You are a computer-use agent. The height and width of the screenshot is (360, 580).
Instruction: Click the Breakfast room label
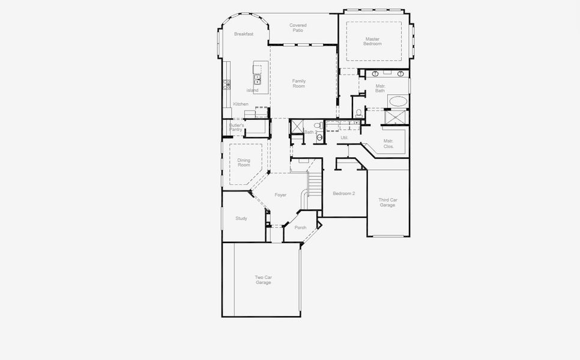[244, 34]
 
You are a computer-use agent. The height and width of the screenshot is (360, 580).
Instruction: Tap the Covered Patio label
[298, 28]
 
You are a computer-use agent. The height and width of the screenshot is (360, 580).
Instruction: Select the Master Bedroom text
[372, 41]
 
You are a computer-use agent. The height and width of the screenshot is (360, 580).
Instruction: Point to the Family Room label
[299, 83]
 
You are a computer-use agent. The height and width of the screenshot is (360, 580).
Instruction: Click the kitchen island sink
[258, 78]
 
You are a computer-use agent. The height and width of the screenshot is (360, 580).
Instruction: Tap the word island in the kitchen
[252, 91]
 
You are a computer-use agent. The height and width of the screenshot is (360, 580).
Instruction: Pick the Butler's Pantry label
[236, 127]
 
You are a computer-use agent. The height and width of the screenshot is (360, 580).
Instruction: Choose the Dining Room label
[244, 163]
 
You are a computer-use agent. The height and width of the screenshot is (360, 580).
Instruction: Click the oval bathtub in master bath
[397, 101]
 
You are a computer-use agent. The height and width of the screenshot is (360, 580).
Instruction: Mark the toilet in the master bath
[358, 113]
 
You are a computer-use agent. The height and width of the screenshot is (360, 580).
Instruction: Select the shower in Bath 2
[296, 127]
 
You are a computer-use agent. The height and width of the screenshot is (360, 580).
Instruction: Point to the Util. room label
[345, 138]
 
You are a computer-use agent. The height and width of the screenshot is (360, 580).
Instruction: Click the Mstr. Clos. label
[388, 143]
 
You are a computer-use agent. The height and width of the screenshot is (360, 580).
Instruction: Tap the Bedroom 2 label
[344, 194]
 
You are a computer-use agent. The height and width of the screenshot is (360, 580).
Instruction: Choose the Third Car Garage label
[387, 202]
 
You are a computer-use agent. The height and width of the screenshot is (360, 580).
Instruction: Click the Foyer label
[280, 195]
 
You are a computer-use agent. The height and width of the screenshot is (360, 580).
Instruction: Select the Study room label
[241, 218]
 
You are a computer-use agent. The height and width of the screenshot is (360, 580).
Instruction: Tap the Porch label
[300, 227]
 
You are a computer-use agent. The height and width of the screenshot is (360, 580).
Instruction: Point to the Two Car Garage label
[263, 280]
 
